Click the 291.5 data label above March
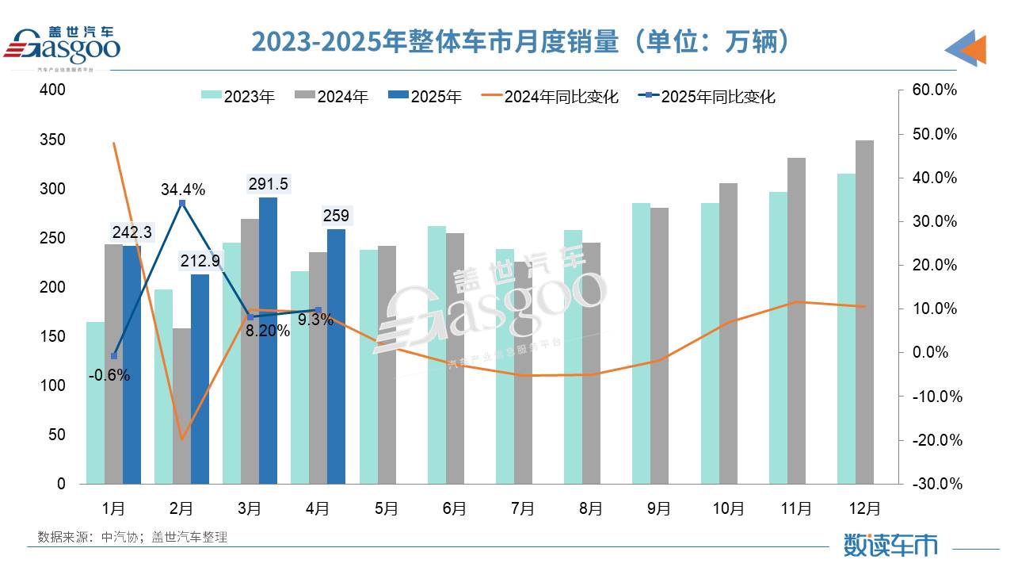coord(268,184)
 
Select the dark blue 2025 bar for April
coord(336,357)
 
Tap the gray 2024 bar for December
coord(865,317)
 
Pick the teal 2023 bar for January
coord(95,404)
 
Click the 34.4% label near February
coord(183,190)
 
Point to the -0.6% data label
coord(109,376)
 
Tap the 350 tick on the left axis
coord(54,140)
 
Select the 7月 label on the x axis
coord(523,508)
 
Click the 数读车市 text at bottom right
coord(890,545)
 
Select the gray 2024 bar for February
coord(181,406)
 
